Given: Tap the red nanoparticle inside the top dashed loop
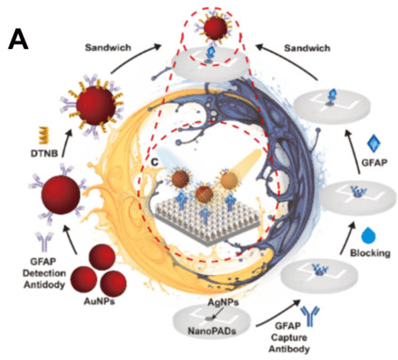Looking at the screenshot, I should tap(215, 27).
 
